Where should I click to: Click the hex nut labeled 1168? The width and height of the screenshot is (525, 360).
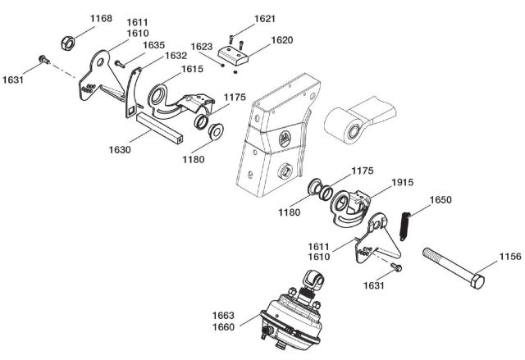(x=67, y=43)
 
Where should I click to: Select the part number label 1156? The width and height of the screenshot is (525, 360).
(x=510, y=257)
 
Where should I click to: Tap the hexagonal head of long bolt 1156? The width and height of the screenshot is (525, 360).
(x=477, y=282)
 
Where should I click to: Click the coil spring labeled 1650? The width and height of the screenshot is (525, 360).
(x=405, y=226)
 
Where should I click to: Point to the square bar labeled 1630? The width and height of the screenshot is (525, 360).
(x=159, y=128)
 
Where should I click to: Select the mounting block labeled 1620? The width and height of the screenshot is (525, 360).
(x=233, y=55)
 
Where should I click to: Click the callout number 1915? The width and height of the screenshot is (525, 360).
(x=403, y=182)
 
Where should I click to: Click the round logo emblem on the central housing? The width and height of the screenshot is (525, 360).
(x=285, y=139)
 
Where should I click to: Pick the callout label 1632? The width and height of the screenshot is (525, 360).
(x=176, y=56)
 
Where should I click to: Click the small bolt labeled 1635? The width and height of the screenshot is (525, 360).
(x=120, y=64)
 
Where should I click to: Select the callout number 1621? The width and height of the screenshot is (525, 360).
(x=264, y=19)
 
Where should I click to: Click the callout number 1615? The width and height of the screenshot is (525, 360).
(x=192, y=69)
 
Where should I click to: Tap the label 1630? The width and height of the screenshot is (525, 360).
(x=120, y=149)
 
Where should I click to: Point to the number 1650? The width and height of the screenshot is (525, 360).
(x=441, y=200)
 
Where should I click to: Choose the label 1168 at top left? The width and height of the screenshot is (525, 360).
(x=101, y=18)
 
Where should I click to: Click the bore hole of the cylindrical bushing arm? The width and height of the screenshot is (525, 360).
(x=353, y=131)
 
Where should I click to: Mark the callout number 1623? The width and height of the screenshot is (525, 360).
(x=202, y=47)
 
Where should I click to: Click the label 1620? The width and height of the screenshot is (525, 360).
(x=282, y=40)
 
